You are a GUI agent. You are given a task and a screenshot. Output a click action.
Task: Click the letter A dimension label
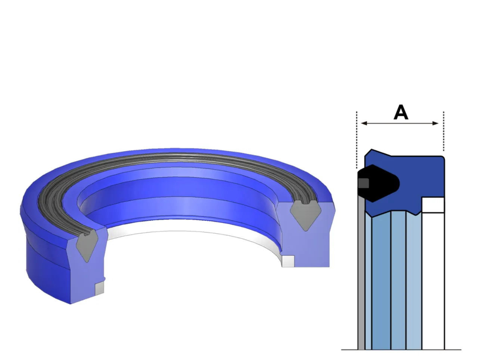point(401,112)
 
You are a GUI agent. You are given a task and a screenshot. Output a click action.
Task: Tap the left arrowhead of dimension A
point(364,123)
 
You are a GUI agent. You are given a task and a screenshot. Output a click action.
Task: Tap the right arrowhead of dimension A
point(435,123)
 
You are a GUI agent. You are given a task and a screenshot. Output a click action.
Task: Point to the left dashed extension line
point(357,140)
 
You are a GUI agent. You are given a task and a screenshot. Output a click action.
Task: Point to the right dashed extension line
point(444,131)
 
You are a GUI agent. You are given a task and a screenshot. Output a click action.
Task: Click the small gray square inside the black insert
point(364,183)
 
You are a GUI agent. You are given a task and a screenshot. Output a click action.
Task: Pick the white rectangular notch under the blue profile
point(433,205)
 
